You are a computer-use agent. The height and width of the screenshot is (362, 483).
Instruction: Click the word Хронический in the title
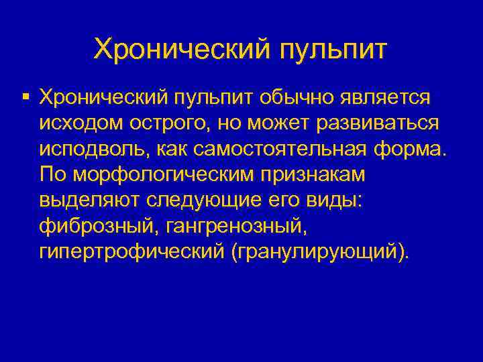pyautogui.click(x=180, y=49)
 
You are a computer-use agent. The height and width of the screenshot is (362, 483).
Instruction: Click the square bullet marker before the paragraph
pyautogui.click(x=25, y=98)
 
